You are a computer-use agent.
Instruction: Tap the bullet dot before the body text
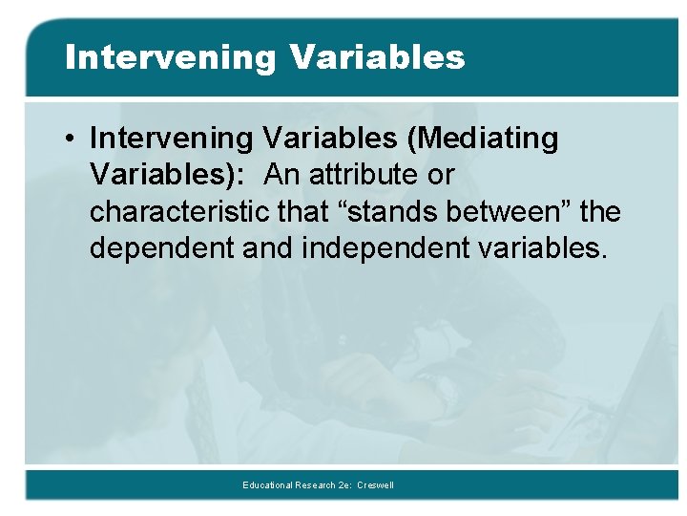[x=72, y=139]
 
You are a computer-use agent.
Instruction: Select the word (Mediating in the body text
[x=483, y=139]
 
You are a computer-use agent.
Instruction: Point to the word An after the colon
[x=283, y=176]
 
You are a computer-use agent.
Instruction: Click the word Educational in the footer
[x=269, y=485]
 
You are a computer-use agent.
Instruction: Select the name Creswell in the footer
[x=375, y=485]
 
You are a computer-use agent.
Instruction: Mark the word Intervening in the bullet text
[x=172, y=139]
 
